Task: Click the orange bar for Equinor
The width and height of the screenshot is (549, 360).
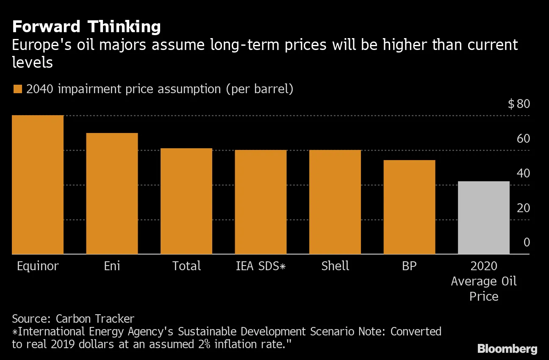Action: [38, 185]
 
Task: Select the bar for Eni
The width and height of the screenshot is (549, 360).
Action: [112, 194]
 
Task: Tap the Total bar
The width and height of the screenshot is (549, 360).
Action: [186, 201]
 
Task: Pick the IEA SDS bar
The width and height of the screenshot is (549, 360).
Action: [261, 202]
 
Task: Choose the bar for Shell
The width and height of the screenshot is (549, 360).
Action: [335, 202]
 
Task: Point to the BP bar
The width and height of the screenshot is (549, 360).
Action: [409, 207]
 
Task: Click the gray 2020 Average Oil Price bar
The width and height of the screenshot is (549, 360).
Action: [484, 218]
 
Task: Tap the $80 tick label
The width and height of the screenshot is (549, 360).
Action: [519, 104]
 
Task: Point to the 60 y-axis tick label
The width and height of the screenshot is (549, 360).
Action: [523, 138]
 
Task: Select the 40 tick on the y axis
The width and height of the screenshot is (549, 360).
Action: [523, 173]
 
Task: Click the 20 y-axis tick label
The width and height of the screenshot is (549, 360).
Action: [523, 208]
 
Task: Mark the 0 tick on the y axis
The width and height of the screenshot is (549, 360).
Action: [527, 242]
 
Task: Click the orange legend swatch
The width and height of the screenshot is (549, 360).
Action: [17, 89]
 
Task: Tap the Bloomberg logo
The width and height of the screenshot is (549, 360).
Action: [507, 349]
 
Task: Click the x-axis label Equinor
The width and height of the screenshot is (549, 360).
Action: [38, 266]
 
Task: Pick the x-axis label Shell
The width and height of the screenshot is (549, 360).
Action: [335, 266]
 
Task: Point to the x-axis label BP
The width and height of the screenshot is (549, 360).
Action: [409, 266]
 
